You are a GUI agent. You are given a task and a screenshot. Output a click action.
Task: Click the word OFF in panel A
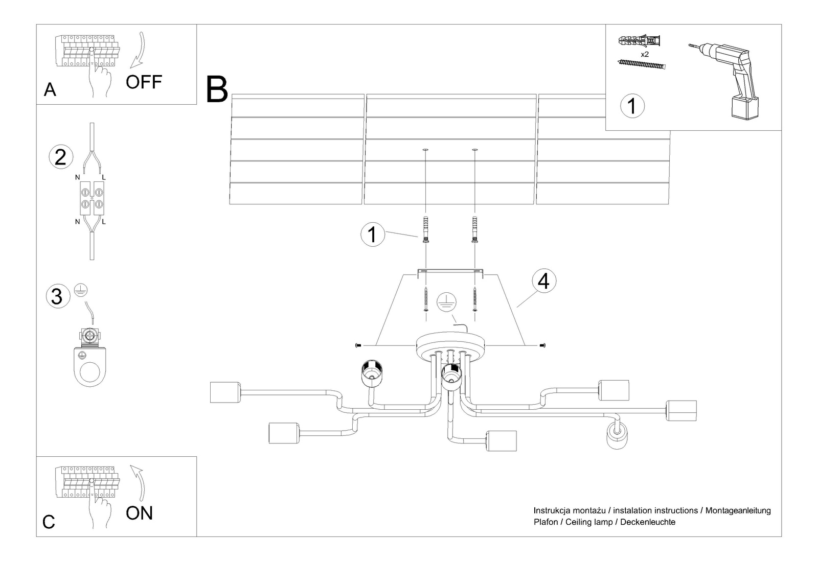144,82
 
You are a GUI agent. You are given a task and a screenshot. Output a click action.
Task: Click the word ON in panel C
139,513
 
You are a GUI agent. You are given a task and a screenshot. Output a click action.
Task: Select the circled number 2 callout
60,157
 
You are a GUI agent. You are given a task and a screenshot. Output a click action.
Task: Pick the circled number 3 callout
57,296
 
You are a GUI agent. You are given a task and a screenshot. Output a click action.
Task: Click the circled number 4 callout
543,280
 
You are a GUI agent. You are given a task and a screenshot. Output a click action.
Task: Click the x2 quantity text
644,54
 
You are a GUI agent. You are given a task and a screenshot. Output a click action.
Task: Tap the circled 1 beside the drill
632,106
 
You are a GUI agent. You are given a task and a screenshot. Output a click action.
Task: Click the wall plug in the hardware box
640,40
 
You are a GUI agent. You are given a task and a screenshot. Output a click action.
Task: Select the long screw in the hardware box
642,64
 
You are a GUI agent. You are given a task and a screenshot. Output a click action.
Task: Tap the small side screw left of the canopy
358,346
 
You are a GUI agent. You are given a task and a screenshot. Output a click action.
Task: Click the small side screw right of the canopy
542,346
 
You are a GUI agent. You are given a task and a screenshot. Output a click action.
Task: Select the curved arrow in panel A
139,51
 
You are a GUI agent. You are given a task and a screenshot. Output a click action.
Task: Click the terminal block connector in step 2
92,198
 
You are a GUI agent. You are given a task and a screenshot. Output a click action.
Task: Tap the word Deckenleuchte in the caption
648,522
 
